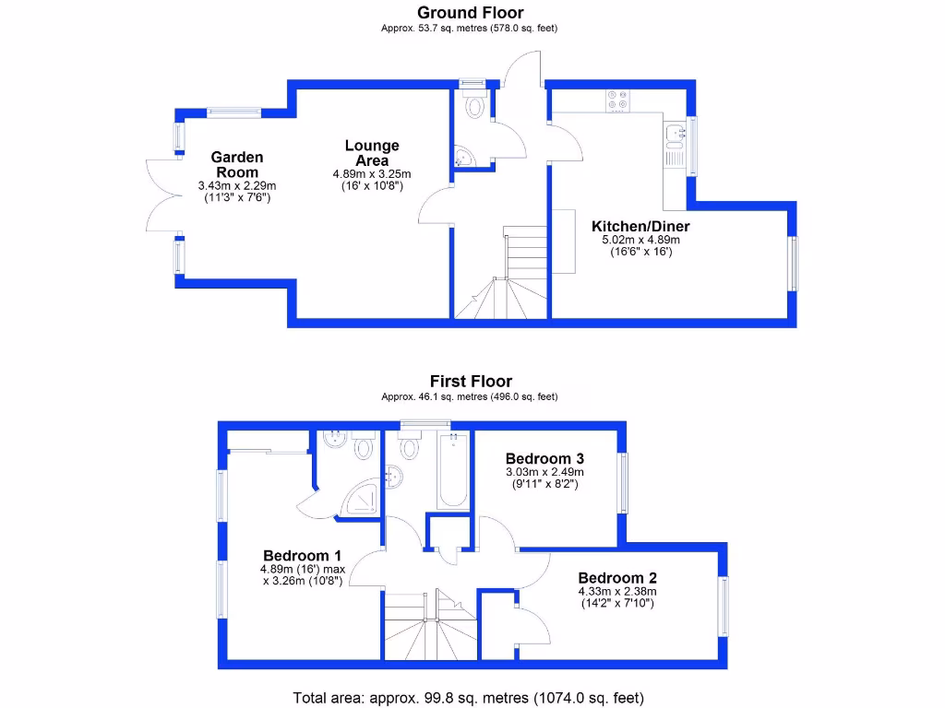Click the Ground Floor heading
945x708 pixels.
click(471, 13)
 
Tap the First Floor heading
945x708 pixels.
click(471, 381)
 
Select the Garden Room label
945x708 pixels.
click(237, 165)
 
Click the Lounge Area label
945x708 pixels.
click(372, 153)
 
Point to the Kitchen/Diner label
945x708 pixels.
click(640, 226)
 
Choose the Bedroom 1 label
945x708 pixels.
click(303, 556)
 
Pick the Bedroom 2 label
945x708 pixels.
click(617, 578)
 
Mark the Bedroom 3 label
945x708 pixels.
click(544, 458)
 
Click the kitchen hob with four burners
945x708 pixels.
click(617, 100)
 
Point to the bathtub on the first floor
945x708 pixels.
click(452, 473)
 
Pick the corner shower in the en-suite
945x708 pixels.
click(360, 498)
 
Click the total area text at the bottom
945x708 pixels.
click(468, 697)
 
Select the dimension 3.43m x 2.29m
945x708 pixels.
click(237, 185)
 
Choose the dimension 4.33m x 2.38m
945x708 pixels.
click(617, 592)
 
